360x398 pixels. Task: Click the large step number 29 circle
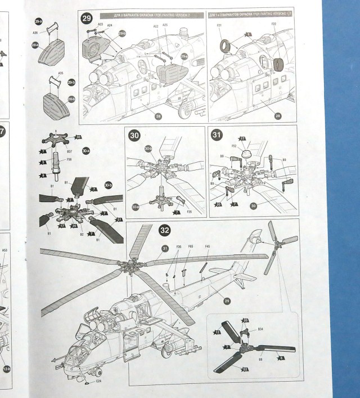click(x=87, y=19)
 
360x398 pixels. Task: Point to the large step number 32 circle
click(x=165, y=230)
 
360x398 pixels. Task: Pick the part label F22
click(x=273, y=26)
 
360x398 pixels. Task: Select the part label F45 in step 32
click(x=208, y=246)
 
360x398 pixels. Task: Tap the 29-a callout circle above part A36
click(x=38, y=21)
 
